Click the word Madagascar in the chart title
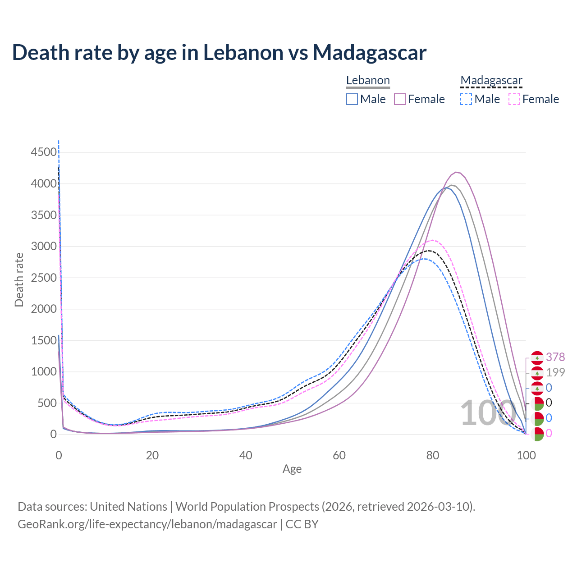(x=370, y=52)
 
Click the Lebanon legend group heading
(x=368, y=81)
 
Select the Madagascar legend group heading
(x=491, y=81)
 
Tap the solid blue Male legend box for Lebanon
(x=352, y=99)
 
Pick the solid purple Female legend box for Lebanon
(x=400, y=99)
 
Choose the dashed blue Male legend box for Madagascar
(x=466, y=99)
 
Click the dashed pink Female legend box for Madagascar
(x=514, y=99)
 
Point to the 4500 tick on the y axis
(x=44, y=152)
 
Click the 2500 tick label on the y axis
(x=44, y=278)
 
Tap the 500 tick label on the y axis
(x=47, y=403)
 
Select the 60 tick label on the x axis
(x=339, y=455)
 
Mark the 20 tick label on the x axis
(x=152, y=455)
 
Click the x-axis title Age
(x=292, y=469)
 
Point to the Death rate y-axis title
(x=19, y=279)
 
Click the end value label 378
(x=555, y=357)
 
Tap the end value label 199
(x=555, y=372)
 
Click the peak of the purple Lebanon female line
(x=457, y=172)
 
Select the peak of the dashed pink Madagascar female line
(x=432, y=240)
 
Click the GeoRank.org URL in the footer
(x=147, y=524)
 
